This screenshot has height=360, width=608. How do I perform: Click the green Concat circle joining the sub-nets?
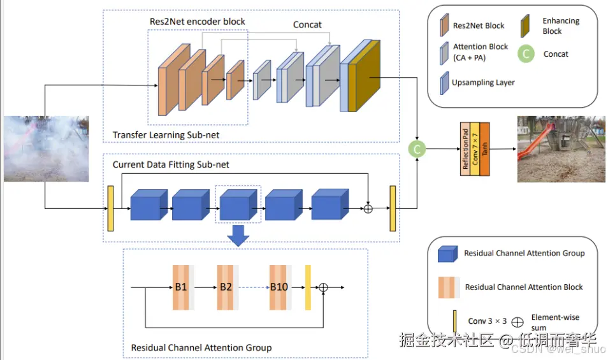[x=416, y=149]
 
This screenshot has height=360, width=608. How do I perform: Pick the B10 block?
[x=280, y=287]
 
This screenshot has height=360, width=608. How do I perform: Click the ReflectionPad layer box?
[x=465, y=148]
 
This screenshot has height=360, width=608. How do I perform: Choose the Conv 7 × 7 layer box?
[x=474, y=148]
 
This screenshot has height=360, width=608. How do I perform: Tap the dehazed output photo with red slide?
[x=552, y=148]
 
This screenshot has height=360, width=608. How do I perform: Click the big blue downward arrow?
[x=238, y=235]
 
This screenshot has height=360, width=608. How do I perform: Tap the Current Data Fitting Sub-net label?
[x=171, y=164]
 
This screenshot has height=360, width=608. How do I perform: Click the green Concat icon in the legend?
[x=526, y=54]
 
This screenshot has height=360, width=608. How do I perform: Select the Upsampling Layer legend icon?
[x=444, y=82]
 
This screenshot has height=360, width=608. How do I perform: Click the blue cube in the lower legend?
[x=447, y=254]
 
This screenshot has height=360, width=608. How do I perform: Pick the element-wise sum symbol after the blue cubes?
[x=368, y=208]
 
